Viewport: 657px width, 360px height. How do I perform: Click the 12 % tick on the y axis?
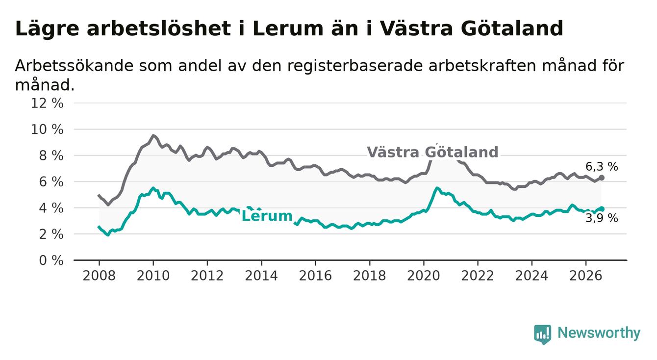point(47,103)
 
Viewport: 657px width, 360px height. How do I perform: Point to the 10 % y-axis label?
point(47,129)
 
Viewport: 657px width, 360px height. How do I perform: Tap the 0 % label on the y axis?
point(51,260)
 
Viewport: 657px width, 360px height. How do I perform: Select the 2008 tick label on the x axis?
point(99,276)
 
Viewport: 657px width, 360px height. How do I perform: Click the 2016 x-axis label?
point(315,276)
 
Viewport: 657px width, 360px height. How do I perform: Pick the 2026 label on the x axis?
point(586,276)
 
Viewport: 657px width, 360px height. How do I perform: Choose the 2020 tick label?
point(424,276)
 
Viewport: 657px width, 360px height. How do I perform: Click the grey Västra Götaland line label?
point(432,152)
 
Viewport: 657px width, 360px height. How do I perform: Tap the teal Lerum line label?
point(267,216)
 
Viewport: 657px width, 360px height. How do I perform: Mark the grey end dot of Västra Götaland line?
point(602,178)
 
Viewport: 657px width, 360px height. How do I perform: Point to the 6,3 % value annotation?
point(602,167)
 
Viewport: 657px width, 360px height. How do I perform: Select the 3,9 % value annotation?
point(602,218)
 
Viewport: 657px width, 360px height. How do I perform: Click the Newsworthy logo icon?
point(543,334)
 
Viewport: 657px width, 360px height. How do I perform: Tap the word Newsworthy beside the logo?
point(599,333)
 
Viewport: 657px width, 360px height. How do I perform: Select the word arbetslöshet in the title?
point(159,29)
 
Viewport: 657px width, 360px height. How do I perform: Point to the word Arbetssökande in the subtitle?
point(75,66)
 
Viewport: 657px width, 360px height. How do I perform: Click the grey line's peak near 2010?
point(153,135)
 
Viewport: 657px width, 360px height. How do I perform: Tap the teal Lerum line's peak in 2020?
point(437,188)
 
